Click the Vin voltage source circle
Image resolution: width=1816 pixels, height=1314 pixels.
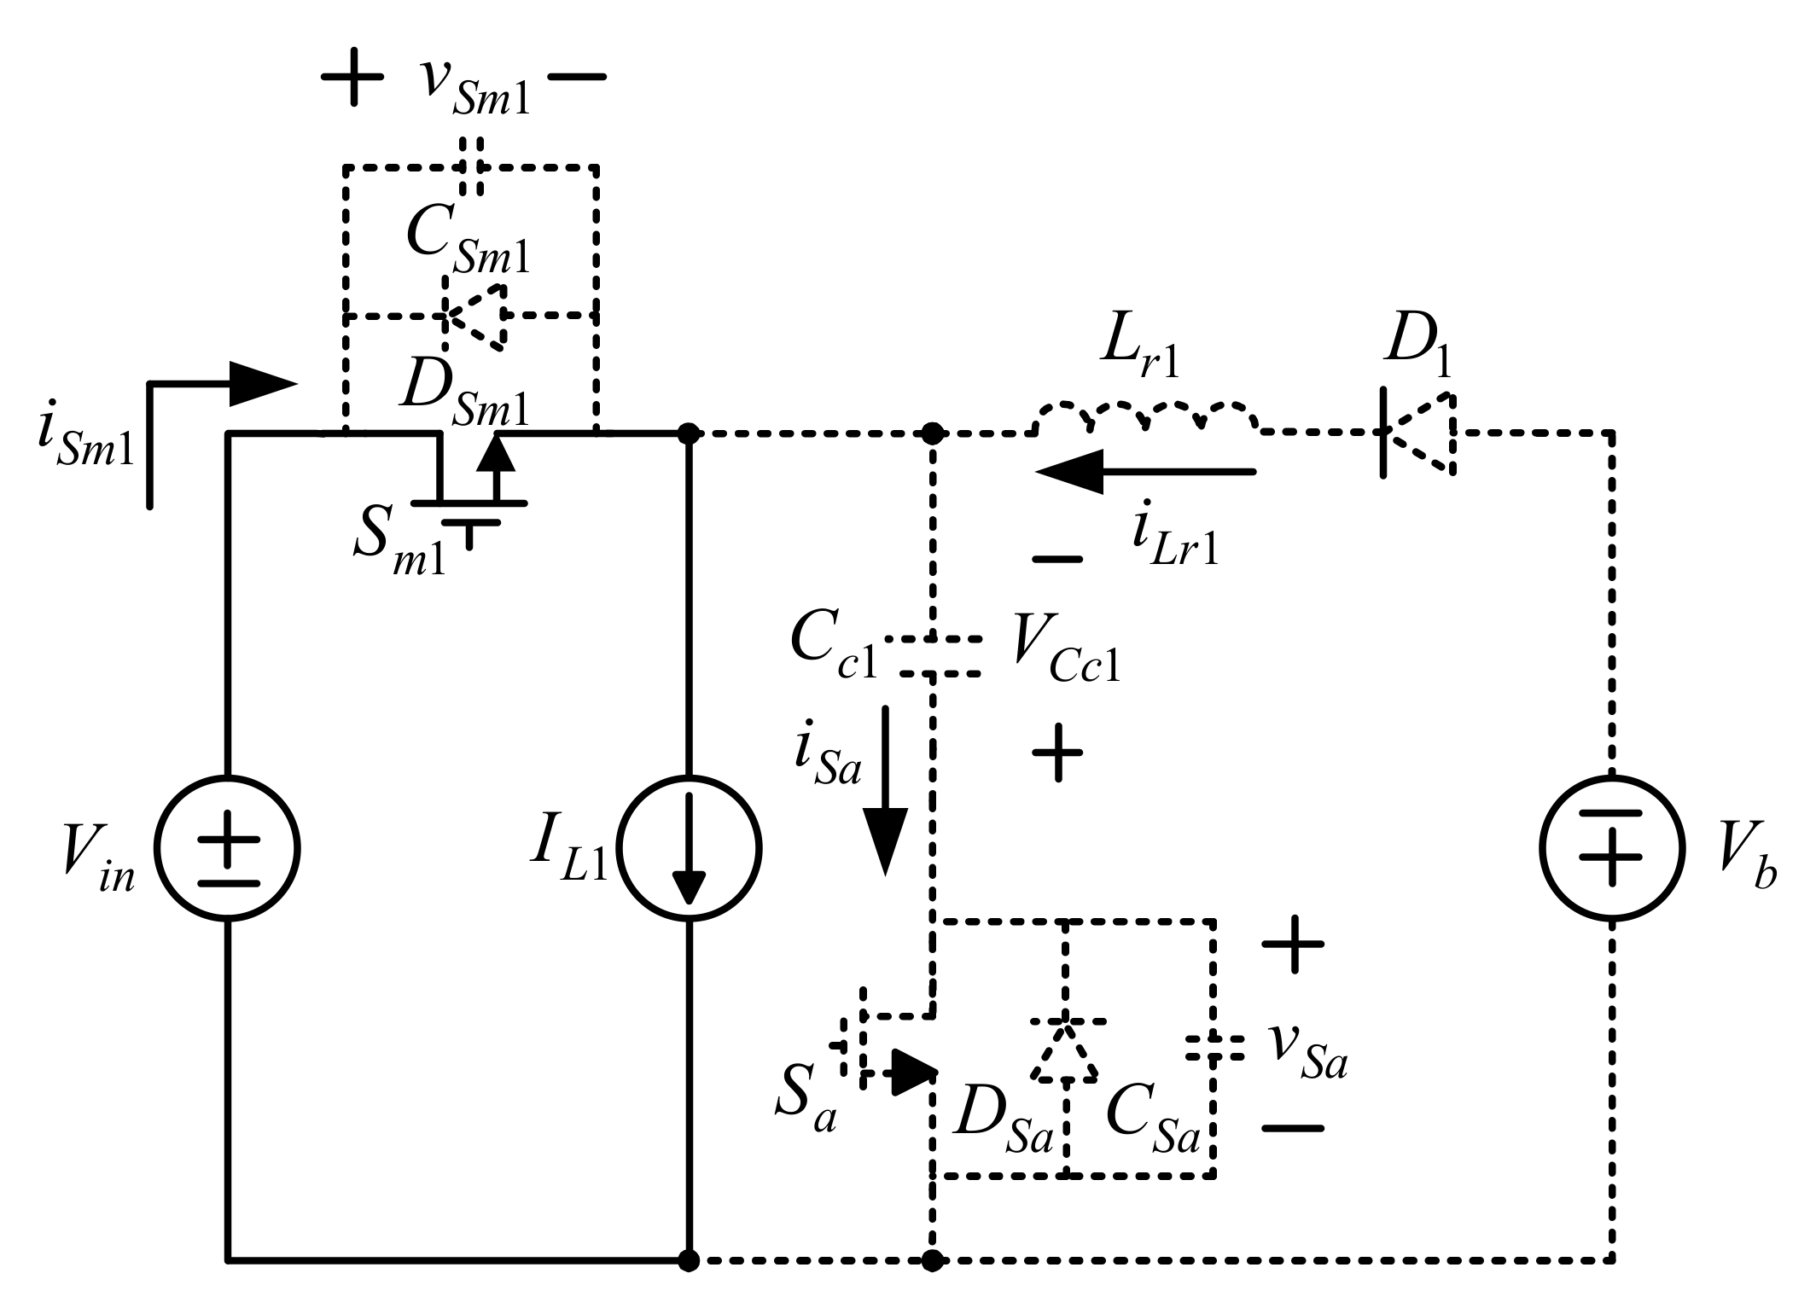pos(227,848)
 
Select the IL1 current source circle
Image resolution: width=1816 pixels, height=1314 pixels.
pos(688,848)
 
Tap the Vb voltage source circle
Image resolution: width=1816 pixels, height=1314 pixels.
pos(1611,848)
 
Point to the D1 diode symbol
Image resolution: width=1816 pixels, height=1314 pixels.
pos(1417,433)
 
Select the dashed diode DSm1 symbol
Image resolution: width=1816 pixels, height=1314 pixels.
pos(474,316)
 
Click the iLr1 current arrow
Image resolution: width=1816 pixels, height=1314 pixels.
pos(1144,471)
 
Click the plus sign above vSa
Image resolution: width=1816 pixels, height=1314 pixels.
pos(1293,945)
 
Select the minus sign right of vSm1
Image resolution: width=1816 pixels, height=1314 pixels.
pos(577,77)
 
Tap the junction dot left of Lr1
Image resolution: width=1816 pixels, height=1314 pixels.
pos(933,433)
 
